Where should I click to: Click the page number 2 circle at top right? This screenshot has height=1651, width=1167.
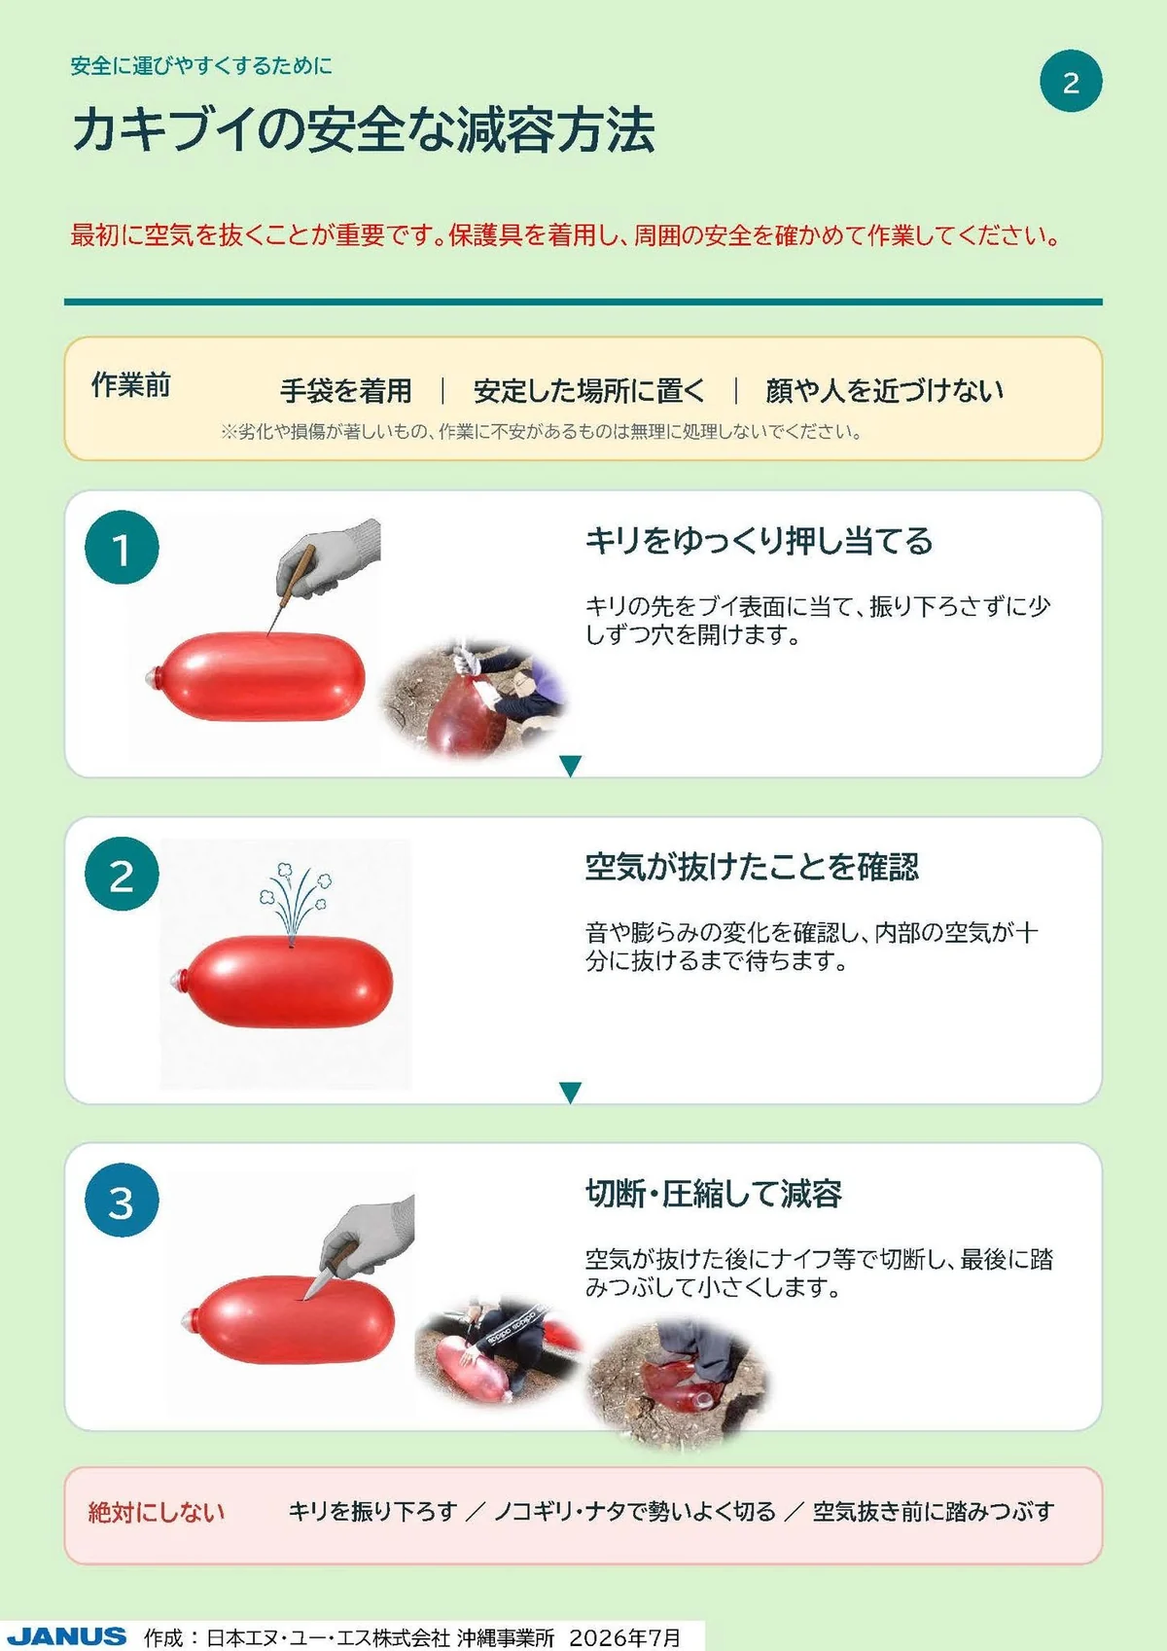click(x=1071, y=81)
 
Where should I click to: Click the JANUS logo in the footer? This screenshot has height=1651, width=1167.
click(x=66, y=1636)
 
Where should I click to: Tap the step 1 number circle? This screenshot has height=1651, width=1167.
click(x=122, y=548)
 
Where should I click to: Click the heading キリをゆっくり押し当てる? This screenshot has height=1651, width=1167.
click(x=759, y=541)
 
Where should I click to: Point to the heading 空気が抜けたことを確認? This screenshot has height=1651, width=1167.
click(x=752, y=867)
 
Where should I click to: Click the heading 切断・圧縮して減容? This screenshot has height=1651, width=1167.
click(x=713, y=1194)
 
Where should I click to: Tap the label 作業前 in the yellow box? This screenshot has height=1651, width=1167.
click(x=130, y=384)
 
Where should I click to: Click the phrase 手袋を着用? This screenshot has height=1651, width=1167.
click(x=345, y=391)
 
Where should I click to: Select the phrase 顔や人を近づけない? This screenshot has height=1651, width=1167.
click(x=884, y=391)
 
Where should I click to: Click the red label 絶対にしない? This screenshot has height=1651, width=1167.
click(x=157, y=1512)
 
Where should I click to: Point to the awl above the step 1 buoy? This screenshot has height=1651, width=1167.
click(x=289, y=590)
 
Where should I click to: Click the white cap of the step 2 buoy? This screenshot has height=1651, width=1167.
click(x=178, y=981)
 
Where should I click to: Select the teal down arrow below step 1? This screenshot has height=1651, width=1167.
click(x=570, y=766)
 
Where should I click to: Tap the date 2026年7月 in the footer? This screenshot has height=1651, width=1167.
click(x=624, y=1637)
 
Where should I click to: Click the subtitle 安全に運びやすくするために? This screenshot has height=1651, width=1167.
click(x=201, y=66)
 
